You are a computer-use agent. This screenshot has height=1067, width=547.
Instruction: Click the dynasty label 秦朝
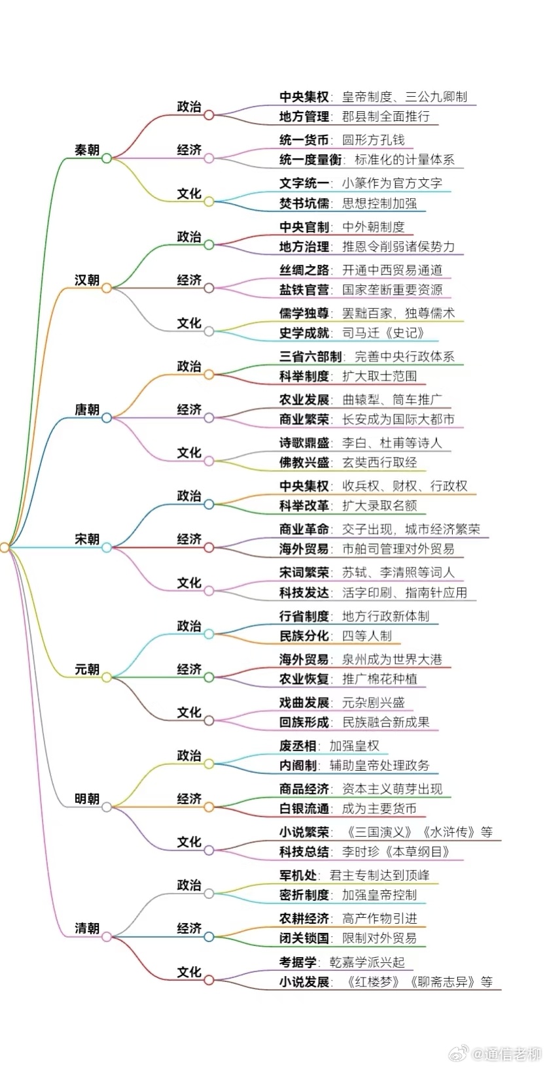[x=87, y=150]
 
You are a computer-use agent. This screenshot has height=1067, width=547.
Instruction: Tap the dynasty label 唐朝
[x=87, y=409]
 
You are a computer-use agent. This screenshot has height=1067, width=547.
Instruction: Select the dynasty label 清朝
[x=87, y=928]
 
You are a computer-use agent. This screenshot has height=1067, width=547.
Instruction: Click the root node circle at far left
[x=5, y=548]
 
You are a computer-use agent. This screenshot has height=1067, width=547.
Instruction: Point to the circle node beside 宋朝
[x=107, y=548]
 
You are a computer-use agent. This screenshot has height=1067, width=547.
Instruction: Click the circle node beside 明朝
[x=107, y=807]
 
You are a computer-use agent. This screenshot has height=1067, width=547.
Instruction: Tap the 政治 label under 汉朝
[x=189, y=236]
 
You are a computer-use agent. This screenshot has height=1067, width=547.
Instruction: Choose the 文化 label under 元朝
[x=189, y=712]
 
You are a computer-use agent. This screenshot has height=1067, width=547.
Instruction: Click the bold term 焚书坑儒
[x=304, y=203]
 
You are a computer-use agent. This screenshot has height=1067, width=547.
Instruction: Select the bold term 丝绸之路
[x=304, y=270]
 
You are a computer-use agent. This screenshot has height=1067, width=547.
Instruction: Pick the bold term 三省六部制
[x=310, y=356]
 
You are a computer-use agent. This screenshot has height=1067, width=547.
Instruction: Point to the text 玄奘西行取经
[x=379, y=462]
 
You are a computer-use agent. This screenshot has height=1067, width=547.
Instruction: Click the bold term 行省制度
[x=304, y=616]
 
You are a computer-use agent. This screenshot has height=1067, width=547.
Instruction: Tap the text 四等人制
[x=367, y=636]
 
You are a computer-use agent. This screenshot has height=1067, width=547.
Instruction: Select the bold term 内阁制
[x=298, y=766]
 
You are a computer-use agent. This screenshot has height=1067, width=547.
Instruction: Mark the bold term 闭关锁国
[x=304, y=938]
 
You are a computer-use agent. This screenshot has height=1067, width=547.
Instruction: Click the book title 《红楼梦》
[x=375, y=982]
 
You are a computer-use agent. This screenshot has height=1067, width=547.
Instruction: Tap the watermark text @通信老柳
[x=507, y=1053]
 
